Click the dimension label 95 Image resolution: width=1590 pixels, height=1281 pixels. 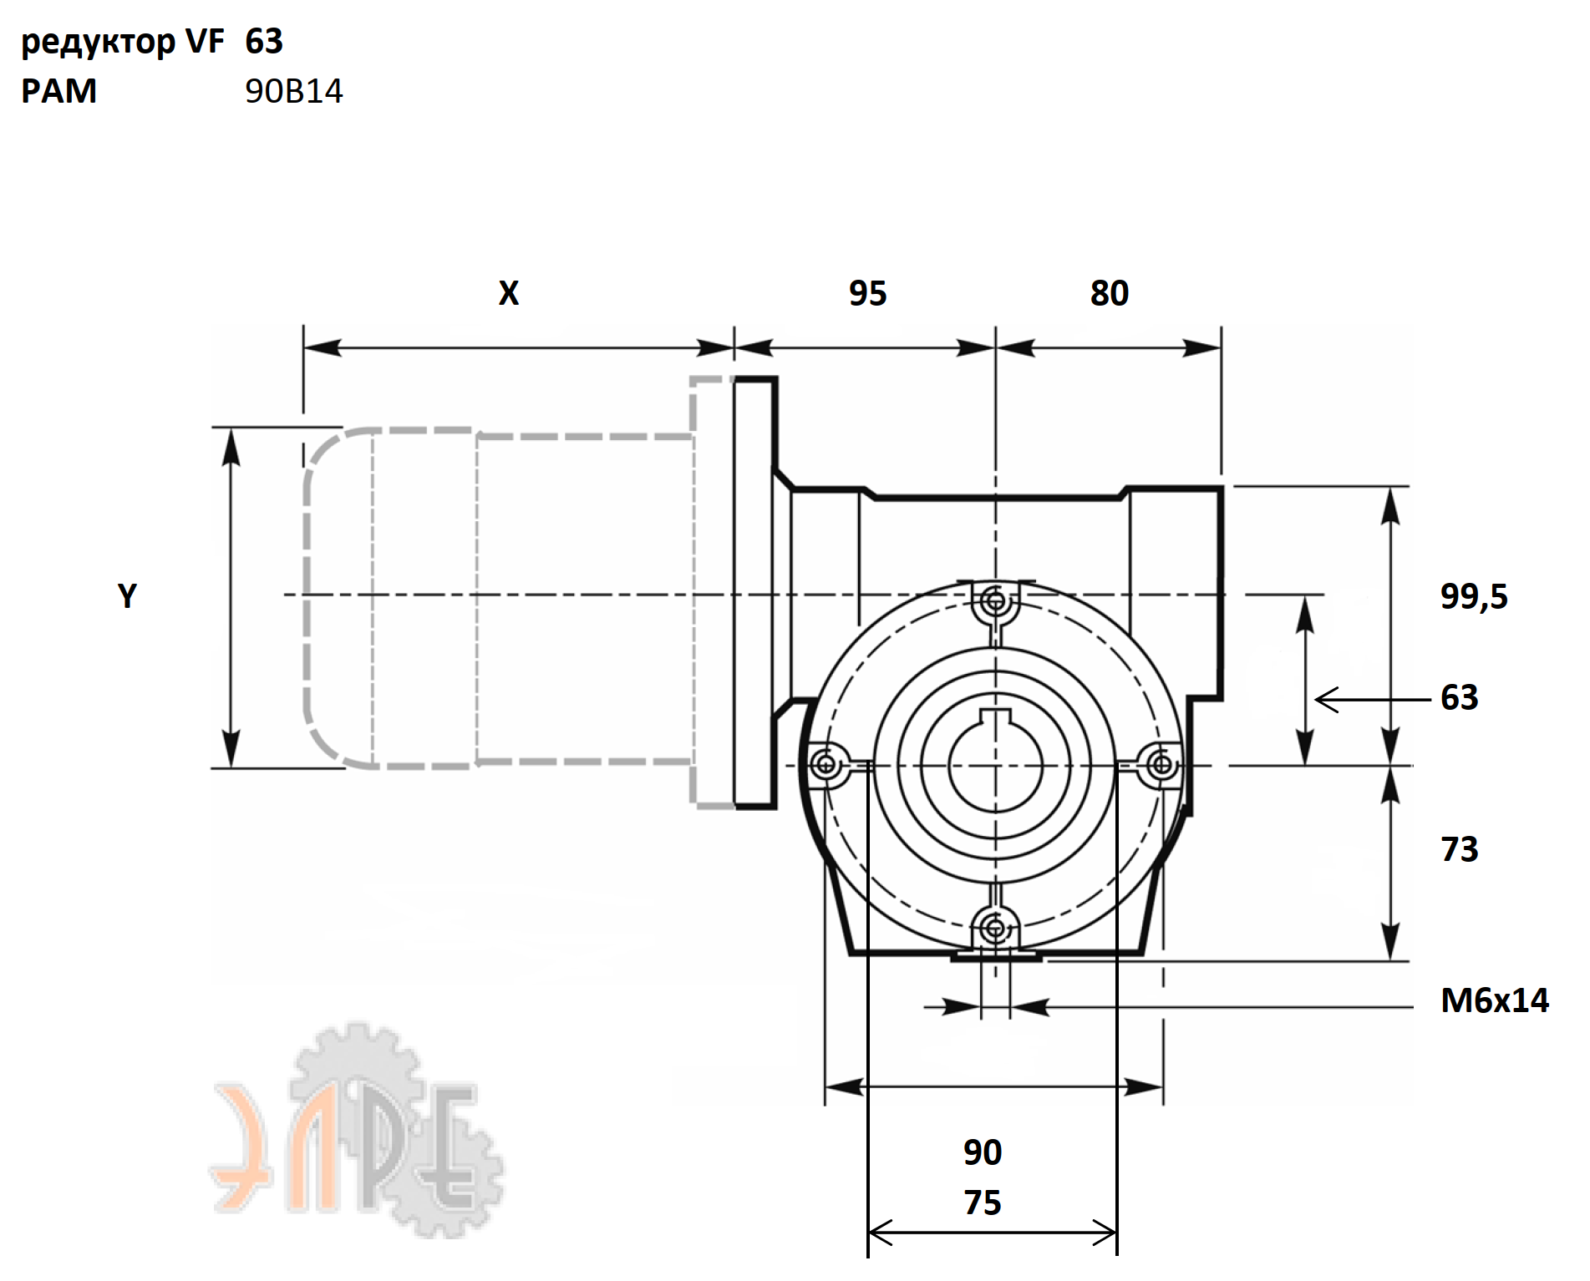tap(867, 293)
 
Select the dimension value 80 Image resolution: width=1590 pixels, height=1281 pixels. tap(1110, 293)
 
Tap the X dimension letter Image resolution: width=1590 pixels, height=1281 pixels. tap(509, 293)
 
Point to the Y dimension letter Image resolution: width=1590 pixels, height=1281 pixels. tap(127, 596)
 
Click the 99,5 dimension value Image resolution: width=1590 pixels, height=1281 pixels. tap(1474, 596)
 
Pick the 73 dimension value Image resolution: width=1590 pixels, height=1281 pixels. tap(1460, 849)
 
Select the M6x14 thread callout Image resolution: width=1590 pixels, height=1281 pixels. tap(1495, 1000)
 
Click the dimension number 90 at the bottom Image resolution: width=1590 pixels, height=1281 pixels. tap(983, 1152)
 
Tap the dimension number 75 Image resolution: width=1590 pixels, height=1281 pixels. tap(983, 1203)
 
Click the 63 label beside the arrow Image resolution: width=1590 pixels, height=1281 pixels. tap(1460, 697)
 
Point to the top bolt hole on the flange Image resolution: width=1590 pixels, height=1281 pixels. tap(994, 600)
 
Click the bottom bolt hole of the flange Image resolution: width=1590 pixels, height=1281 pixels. tap(994, 928)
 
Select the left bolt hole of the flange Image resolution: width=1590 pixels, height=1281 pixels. tap(825, 763)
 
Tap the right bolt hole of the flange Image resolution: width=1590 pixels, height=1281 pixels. tap(1161, 763)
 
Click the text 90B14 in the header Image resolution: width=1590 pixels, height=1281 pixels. tap(294, 91)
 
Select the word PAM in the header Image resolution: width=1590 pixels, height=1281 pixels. tap(58, 91)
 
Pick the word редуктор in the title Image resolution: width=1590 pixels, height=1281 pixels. tap(99, 42)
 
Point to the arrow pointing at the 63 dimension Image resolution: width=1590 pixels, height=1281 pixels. tap(1373, 700)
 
